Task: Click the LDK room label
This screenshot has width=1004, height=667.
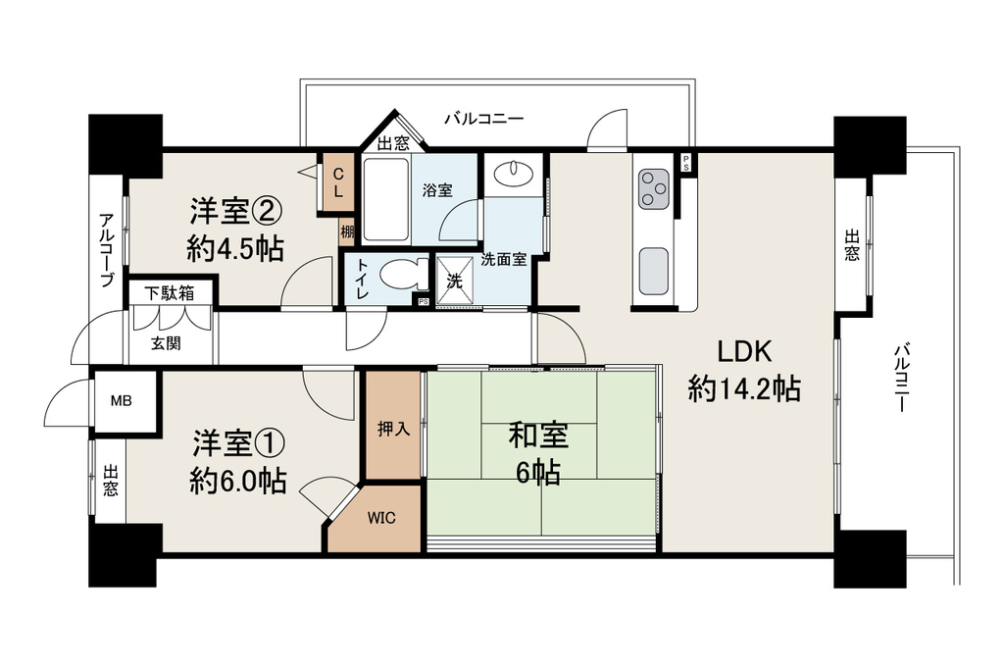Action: [744, 352]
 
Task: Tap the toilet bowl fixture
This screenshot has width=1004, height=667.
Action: [404, 276]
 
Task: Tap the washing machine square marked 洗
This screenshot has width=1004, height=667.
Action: [455, 282]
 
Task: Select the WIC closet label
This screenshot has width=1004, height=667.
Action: [381, 518]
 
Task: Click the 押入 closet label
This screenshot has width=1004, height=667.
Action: [393, 429]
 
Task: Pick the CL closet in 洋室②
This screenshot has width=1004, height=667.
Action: [337, 182]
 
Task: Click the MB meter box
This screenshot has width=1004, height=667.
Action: [122, 402]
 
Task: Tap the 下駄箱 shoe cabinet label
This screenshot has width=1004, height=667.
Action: [169, 293]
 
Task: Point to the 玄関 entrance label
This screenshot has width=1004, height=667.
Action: [165, 343]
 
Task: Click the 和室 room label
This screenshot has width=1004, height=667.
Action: [538, 436]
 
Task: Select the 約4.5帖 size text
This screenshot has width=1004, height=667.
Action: [235, 248]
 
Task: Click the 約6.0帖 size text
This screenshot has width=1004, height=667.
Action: [237, 481]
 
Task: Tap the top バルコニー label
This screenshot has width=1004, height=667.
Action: [484, 119]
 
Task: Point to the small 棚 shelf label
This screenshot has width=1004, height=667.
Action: [346, 231]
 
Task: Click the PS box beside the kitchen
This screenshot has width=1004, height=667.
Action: [686, 162]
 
